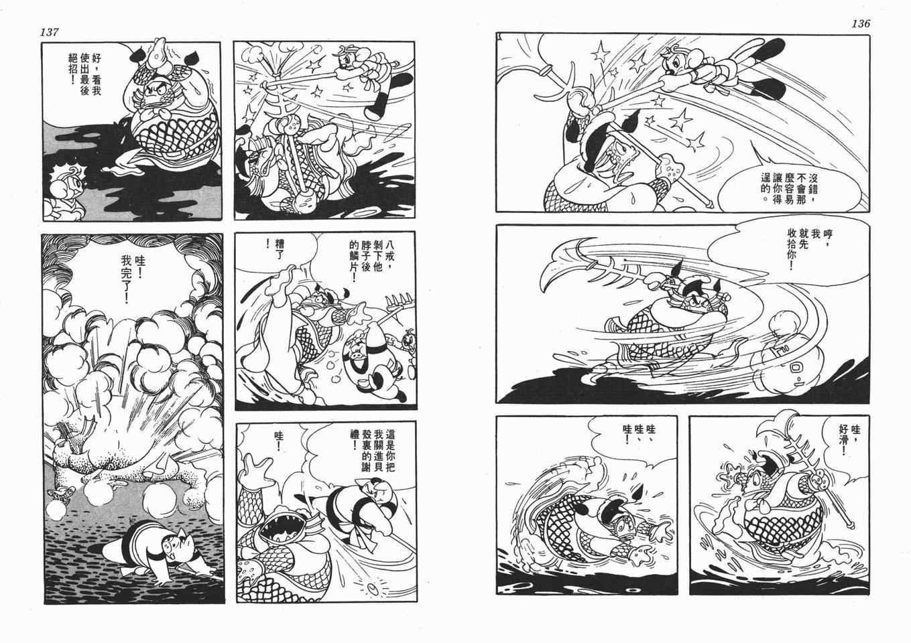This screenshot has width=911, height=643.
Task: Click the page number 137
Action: click(x=49, y=32)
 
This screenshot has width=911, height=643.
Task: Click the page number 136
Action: click(x=861, y=23)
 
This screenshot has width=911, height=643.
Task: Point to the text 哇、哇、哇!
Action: click(x=639, y=434)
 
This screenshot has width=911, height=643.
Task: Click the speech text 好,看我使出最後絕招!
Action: click(x=85, y=74)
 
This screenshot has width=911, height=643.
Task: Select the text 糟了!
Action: click(x=274, y=244)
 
